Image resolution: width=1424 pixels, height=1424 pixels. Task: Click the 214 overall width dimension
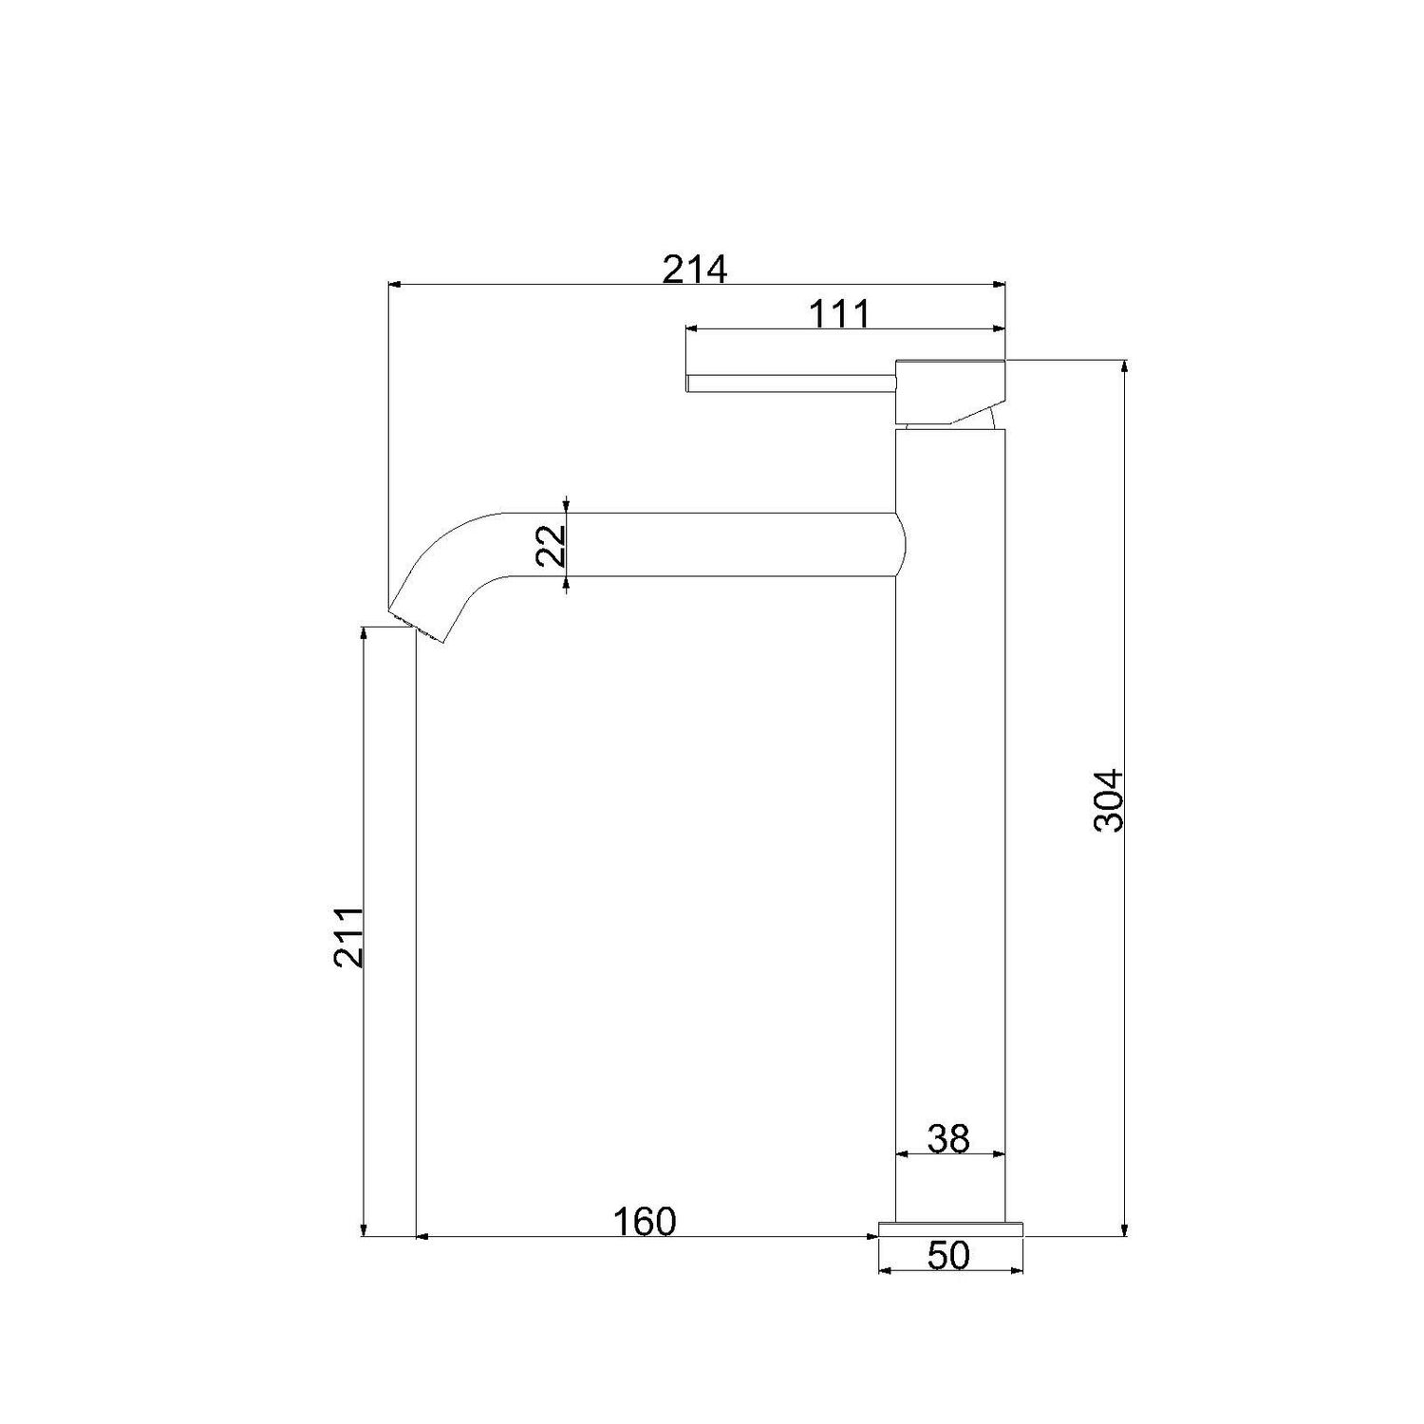point(695,270)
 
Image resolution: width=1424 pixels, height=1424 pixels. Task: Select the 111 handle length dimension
point(839,313)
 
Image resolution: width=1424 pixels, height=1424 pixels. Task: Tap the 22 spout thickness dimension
point(552,546)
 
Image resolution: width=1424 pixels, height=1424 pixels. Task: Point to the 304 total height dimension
point(1108,800)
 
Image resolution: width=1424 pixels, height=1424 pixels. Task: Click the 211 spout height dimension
point(348,937)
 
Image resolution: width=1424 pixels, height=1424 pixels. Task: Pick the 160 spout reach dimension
point(644,1222)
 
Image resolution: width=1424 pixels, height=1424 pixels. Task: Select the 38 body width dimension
point(948,1138)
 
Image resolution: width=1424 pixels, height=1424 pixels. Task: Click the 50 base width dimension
point(948,1256)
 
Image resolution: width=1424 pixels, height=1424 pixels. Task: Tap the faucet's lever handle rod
point(792,383)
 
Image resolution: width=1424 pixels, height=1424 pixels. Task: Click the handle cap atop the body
point(950,391)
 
